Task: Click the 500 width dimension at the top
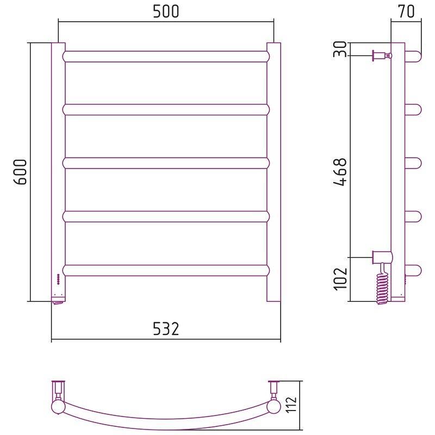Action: click(166, 11)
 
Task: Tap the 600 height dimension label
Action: click(20, 172)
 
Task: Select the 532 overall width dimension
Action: click(166, 329)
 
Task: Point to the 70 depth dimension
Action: click(406, 11)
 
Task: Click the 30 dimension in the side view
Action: click(340, 49)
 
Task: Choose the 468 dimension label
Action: click(340, 172)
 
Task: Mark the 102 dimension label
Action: click(340, 279)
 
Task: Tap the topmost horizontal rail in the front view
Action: click(166, 57)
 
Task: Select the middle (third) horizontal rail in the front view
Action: click(166, 164)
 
